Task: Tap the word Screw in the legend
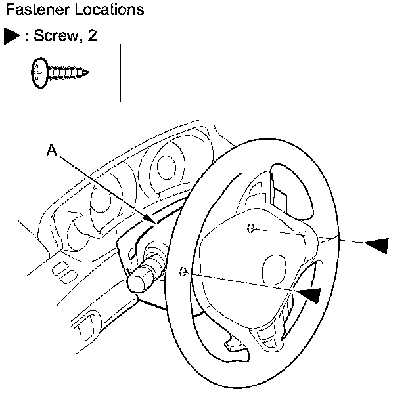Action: [x=53, y=35]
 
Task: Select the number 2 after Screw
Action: [x=93, y=35]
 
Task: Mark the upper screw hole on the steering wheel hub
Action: [x=250, y=228]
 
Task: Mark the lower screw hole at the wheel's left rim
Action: [x=184, y=271]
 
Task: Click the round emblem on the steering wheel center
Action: [x=273, y=268]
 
